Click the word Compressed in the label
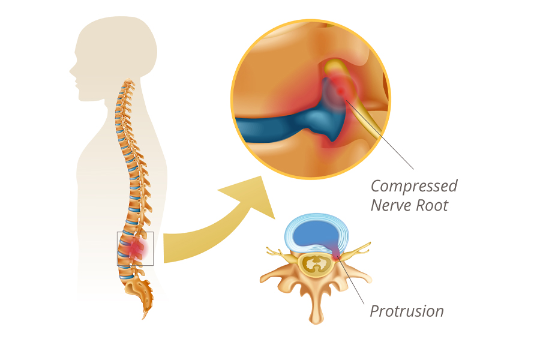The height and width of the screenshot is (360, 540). [414, 186]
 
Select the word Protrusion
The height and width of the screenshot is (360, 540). [407, 311]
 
